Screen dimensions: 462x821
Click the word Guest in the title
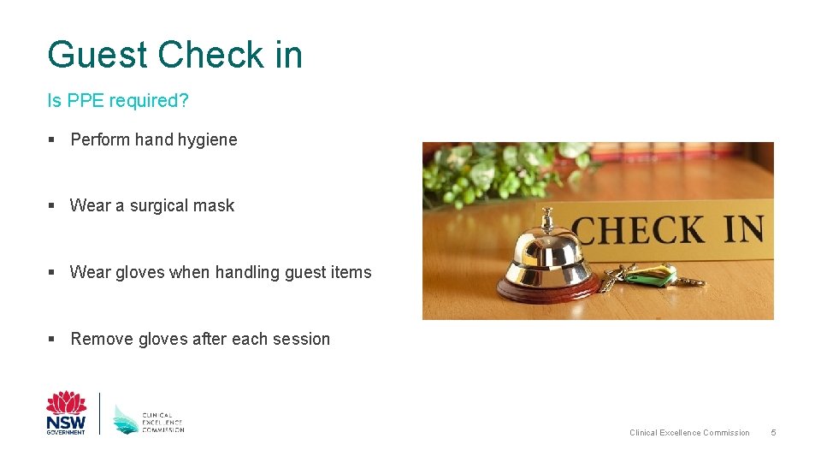point(97,55)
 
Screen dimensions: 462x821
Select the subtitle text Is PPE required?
point(118,101)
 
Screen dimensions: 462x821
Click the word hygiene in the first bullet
point(206,139)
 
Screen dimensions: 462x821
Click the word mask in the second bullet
point(216,206)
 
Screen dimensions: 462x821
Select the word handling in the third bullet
point(247,273)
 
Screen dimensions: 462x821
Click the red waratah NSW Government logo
point(66,413)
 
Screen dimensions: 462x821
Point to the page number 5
point(773,433)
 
